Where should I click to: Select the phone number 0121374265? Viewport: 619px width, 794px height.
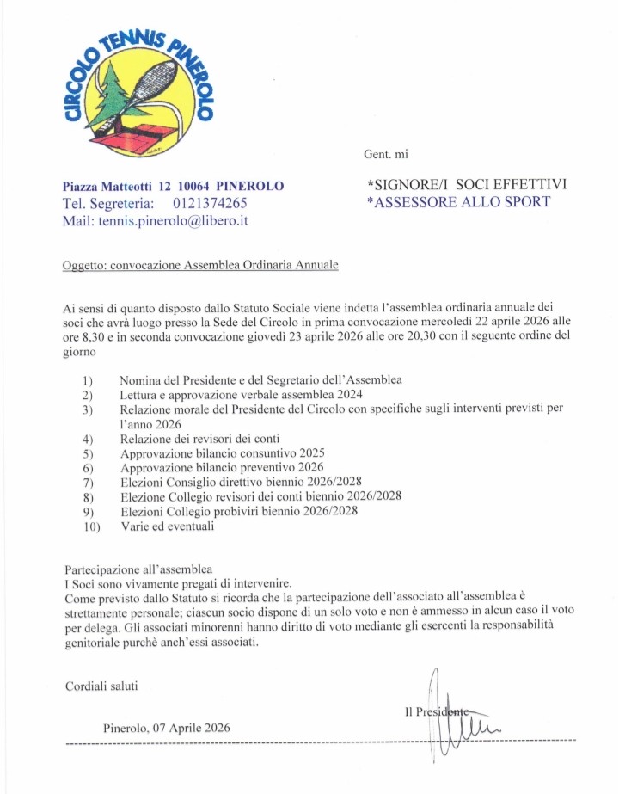pos(210,204)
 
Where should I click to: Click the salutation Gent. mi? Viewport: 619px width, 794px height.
pos(386,154)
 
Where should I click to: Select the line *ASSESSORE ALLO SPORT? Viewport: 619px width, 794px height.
pos(458,202)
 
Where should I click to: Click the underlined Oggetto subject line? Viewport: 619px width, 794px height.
pos(201,265)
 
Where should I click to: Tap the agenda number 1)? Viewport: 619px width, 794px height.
pos(88,380)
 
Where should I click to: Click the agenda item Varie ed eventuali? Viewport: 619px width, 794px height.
pos(167,526)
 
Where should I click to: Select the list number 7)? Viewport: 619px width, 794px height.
pos(88,483)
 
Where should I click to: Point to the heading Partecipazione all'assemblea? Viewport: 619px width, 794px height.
pos(138,569)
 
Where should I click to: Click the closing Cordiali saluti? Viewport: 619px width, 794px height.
pos(101,686)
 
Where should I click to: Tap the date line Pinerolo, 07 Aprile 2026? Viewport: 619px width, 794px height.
pos(166,728)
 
